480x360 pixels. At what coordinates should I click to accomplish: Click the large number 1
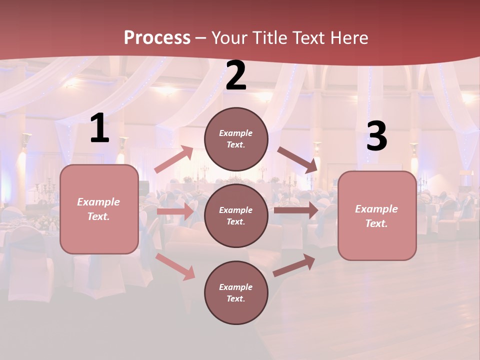99,128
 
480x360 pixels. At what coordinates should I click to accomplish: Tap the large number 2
236,76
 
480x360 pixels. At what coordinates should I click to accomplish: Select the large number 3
376,136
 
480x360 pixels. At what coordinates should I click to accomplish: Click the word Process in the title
157,37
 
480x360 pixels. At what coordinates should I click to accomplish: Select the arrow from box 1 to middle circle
175,211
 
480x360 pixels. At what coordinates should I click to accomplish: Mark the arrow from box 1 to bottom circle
175,266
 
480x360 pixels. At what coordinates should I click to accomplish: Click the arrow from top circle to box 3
297,160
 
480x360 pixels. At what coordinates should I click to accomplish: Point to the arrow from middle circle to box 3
296,210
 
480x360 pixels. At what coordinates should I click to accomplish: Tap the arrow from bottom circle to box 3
294,265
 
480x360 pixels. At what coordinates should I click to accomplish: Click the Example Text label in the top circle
236,139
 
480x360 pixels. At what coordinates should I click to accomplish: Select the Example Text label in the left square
99,209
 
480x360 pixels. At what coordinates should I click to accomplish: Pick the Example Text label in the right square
377,216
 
